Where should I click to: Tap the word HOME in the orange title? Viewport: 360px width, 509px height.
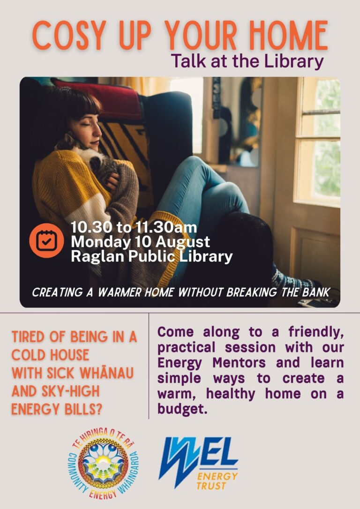[288, 35]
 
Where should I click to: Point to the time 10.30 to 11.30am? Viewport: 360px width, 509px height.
[134, 227]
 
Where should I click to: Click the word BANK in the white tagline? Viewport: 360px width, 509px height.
[316, 292]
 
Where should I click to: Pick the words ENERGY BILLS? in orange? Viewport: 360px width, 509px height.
[56, 409]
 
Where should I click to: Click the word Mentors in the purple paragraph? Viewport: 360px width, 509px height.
[239, 363]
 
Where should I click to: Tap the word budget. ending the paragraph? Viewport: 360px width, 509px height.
[182, 409]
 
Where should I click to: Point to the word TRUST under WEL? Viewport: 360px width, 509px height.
[211, 486]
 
